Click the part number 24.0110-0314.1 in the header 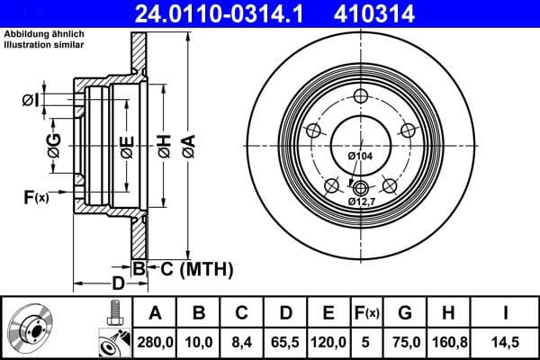[233, 13]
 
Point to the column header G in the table [405, 313]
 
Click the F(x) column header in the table [366, 313]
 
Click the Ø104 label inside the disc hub [360, 157]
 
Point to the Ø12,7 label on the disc [363, 202]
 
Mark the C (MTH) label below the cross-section [196, 267]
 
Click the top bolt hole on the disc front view [361, 97]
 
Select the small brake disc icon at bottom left [34, 328]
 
